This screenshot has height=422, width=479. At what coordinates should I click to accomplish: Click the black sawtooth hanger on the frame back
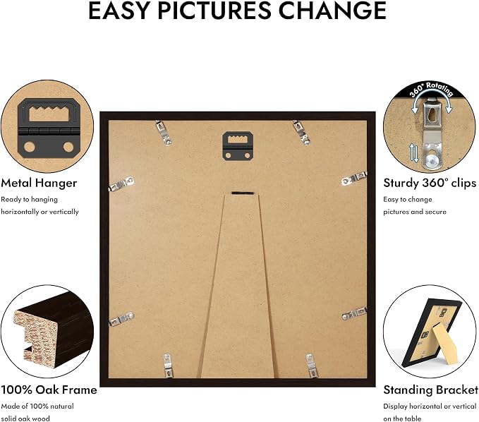pos(238,146)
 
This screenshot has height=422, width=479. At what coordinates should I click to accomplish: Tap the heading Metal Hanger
pos(39,183)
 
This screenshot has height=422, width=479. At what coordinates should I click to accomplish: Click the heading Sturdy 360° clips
pos(430,183)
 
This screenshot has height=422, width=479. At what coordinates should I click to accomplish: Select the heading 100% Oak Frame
pos(49,390)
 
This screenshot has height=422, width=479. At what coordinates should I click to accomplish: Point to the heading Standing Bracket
pos(431,390)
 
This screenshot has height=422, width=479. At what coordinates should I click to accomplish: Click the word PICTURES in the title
pos(214,11)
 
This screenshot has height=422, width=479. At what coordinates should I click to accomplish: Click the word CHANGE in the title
pos(333,11)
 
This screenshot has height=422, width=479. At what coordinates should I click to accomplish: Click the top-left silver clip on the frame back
pos(164,133)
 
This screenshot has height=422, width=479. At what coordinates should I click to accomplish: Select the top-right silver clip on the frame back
pos(301,132)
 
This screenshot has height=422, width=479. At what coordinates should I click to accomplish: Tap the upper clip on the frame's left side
pos(121,184)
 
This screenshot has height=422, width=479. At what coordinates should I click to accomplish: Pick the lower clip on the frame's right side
pos(354,314)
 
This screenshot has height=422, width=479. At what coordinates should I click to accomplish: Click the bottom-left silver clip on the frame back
pos(168,365)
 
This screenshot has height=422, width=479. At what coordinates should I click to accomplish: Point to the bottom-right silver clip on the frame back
pos(311,366)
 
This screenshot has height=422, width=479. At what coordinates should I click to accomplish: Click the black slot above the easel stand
pos(243,193)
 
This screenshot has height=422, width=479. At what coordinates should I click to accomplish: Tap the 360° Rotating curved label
pos(431,89)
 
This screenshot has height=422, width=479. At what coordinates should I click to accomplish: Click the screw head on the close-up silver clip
pos(431,159)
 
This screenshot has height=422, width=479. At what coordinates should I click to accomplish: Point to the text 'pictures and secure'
pos(415,212)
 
